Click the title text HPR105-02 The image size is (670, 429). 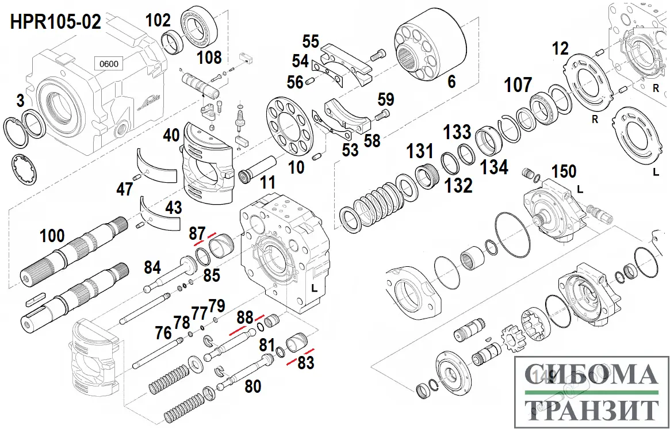pos(56,22)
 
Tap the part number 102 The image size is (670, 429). pos(158,21)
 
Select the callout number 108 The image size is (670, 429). pos(209,58)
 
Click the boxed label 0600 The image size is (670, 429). pos(109,64)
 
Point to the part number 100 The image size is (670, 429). pos(52,236)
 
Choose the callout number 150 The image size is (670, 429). pos(564,171)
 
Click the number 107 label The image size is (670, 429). pos(518,86)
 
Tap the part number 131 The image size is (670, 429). pos(420,152)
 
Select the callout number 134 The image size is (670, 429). pos(495,167)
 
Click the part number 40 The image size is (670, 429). pos(171,136)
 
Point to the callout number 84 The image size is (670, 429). pos(152,267)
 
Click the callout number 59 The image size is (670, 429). pos(386,99)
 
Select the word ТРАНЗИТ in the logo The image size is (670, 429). pos(591,411)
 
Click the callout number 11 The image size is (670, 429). pos(267,184)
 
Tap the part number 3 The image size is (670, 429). pos(21,102)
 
